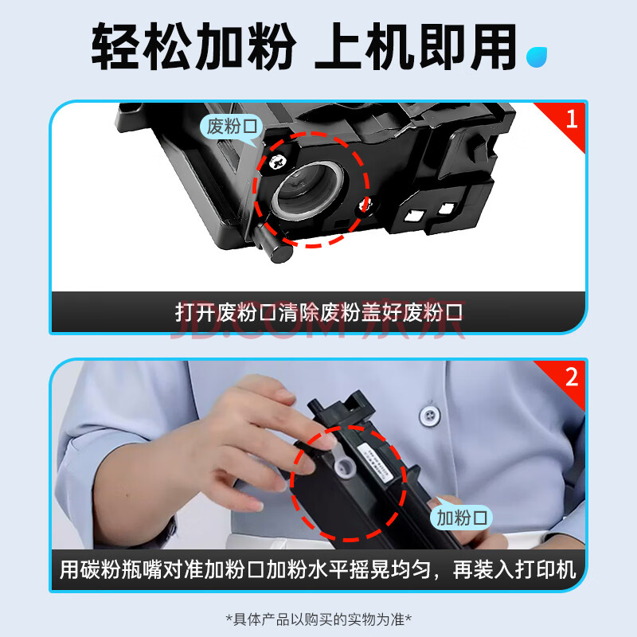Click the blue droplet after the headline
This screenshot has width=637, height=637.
[x=536, y=57]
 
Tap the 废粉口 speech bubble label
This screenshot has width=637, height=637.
[x=232, y=127]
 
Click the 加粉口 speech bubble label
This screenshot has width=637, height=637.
[x=462, y=518]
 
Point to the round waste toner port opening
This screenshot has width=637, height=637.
[x=307, y=190]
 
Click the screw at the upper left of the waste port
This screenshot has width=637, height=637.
[x=278, y=162]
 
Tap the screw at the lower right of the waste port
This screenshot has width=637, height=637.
[x=364, y=205]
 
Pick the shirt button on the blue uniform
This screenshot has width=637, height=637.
[x=429, y=415]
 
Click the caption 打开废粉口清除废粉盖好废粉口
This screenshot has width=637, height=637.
[x=319, y=312]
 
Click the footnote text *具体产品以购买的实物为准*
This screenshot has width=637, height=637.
[x=318, y=619]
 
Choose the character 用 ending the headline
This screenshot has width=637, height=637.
[x=493, y=46]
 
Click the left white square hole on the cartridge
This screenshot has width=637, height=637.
[x=414, y=216]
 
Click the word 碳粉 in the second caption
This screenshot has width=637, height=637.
[x=100, y=569]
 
